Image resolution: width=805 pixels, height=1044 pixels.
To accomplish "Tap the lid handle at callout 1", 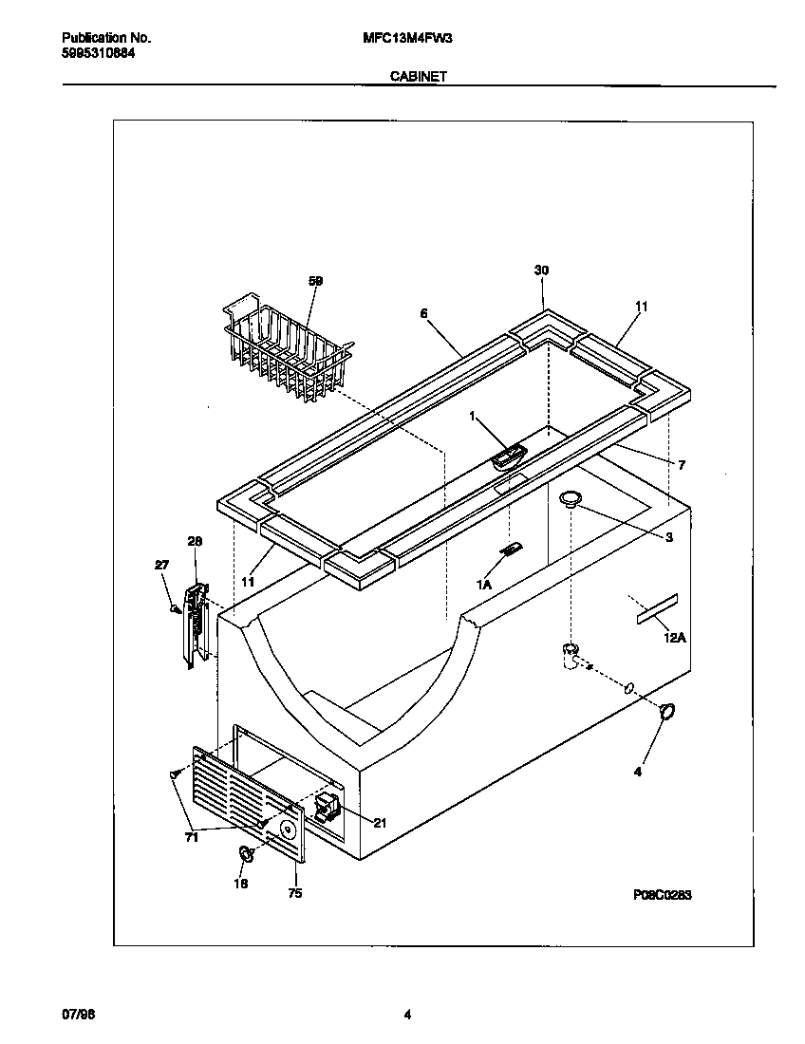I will coord(509,457).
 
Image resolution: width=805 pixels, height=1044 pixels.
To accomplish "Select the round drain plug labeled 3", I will coord(570,498).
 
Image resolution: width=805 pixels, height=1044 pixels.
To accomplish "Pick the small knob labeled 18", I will coord(245,854).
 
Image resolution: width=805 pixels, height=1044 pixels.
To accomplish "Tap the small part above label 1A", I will coord(512,550).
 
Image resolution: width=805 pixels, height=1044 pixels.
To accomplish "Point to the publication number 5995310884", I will coord(98,54).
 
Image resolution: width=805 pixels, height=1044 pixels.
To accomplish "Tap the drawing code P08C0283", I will coord(662,895).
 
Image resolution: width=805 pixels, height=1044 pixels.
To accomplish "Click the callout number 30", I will coord(541,270).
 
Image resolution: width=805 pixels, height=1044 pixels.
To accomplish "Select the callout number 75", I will coord(294,893).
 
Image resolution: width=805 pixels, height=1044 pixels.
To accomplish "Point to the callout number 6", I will coord(423,312).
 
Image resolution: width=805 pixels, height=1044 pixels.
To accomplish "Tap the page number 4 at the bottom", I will coord(406,1015).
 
